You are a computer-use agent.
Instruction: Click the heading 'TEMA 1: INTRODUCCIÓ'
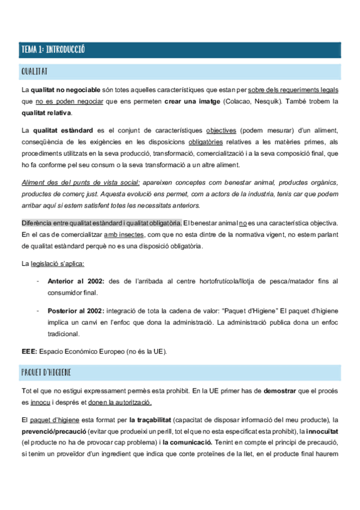tap(53, 50)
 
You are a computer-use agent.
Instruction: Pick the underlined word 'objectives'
tap(221, 131)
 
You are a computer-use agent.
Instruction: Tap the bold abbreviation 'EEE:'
tap(29, 351)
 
